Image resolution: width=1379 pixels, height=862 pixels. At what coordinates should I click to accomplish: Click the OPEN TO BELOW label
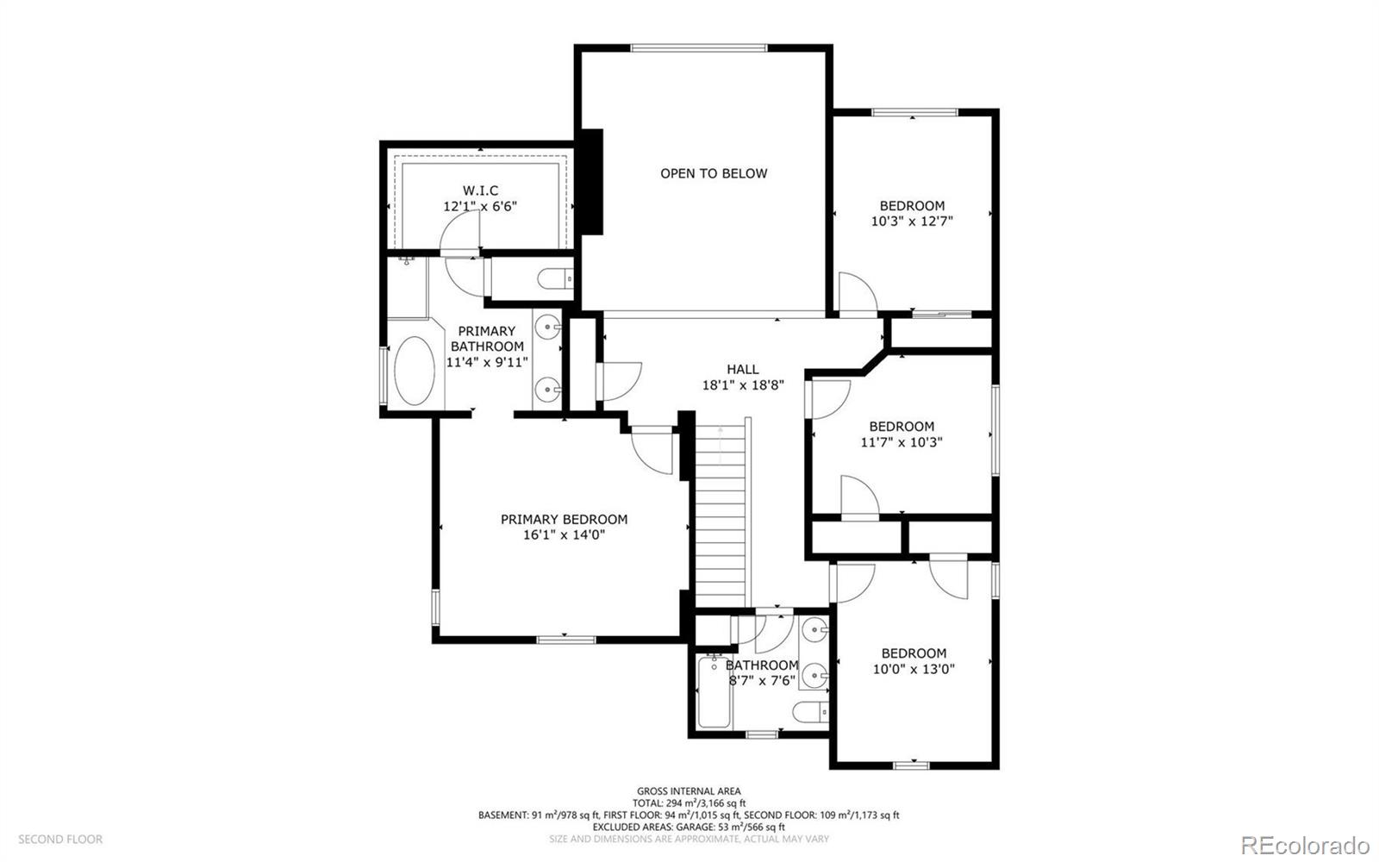click(x=714, y=173)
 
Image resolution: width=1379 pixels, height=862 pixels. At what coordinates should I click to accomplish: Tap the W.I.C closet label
click(x=480, y=191)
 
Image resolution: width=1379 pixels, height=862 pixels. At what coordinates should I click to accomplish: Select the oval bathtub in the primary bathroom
click(x=415, y=371)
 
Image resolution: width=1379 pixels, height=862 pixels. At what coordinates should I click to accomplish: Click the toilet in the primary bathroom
click(x=552, y=279)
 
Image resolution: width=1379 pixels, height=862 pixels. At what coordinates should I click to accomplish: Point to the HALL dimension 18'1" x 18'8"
click(x=742, y=385)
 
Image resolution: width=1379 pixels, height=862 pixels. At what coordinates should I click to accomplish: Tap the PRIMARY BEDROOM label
click(x=564, y=519)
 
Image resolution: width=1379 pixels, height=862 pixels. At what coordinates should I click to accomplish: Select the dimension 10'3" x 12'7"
click(x=912, y=221)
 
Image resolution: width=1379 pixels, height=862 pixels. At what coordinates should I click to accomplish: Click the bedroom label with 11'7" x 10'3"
click(x=902, y=427)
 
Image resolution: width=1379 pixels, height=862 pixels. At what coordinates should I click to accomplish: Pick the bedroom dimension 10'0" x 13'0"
click(x=914, y=669)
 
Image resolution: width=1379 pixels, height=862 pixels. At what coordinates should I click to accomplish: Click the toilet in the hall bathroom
click(x=809, y=713)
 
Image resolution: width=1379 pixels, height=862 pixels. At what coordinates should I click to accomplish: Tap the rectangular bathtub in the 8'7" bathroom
click(x=714, y=695)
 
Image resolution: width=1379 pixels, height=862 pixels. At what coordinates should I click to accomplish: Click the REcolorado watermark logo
click(x=1305, y=842)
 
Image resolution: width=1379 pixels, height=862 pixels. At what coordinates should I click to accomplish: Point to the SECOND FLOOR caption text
click(x=60, y=839)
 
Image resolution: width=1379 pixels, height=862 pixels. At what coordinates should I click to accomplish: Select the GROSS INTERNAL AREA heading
click(x=689, y=790)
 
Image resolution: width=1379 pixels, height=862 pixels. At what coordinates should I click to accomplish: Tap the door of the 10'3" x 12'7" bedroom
click(x=857, y=293)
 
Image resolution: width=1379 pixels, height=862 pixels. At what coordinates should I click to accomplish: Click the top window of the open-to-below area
click(x=698, y=48)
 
